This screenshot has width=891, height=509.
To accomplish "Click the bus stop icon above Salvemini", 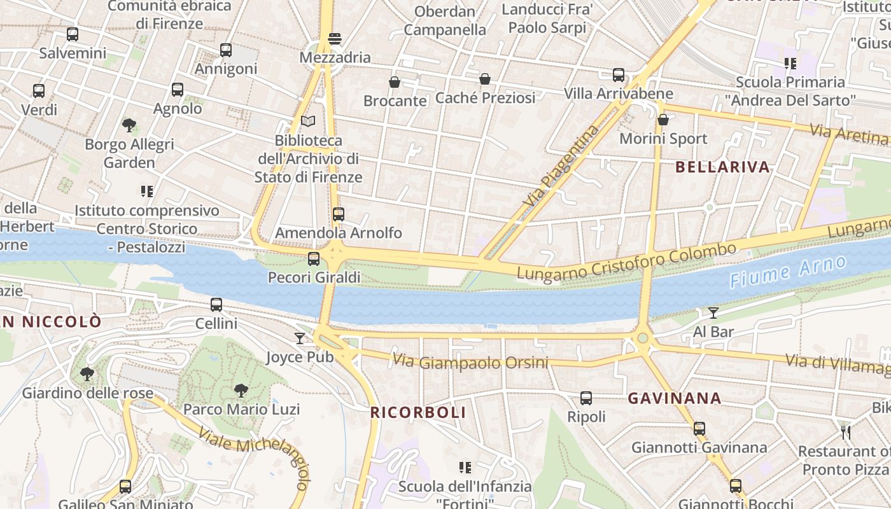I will (73, 34).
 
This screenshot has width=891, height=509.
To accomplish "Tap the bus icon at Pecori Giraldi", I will (314, 259).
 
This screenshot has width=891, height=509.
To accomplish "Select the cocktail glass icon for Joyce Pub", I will (300, 338).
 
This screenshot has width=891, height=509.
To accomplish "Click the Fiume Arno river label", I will (788, 272).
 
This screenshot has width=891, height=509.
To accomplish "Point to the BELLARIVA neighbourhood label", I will (722, 167).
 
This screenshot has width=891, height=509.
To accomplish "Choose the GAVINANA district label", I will (675, 399).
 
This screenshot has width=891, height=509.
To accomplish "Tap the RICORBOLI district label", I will (418, 412).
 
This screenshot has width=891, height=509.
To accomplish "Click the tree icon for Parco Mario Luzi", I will (241, 390).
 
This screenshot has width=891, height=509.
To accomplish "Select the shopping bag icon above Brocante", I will (395, 82).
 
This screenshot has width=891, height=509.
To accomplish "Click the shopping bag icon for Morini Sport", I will (663, 120).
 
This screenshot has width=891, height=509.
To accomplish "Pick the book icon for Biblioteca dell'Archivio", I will (308, 121).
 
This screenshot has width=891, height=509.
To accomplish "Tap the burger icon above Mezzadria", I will (335, 39).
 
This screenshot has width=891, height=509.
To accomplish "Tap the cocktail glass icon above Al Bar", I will (713, 313).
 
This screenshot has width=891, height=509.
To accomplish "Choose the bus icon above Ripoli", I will (586, 398).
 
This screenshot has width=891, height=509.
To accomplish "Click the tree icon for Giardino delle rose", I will (87, 374).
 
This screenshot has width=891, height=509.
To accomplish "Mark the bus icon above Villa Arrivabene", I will (619, 75).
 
